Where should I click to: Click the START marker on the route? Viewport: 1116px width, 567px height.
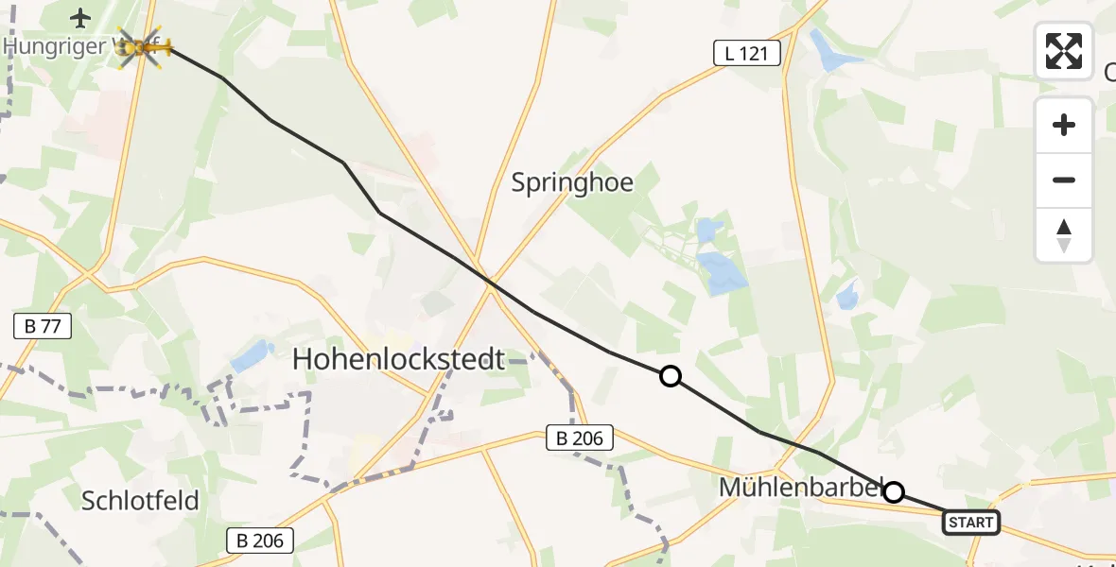(x=970, y=522)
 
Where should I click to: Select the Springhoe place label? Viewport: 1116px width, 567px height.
(x=572, y=181)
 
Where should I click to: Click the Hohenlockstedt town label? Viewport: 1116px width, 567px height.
(x=398, y=359)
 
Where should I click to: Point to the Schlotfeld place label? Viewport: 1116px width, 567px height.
(x=140, y=500)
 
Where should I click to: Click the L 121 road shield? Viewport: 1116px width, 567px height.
(x=746, y=54)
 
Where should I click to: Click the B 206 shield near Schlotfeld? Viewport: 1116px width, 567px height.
(x=260, y=541)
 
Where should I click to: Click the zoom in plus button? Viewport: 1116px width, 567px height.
(x=1064, y=125)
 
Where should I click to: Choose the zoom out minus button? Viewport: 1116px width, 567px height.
(x=1064, y=180)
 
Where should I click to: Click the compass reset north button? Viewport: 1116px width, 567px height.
(x=1064, y=235)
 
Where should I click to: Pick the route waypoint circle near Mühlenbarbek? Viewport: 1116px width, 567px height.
(x=893, y=491)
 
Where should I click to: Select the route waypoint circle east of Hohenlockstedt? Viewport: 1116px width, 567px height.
(x=670, y=376)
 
